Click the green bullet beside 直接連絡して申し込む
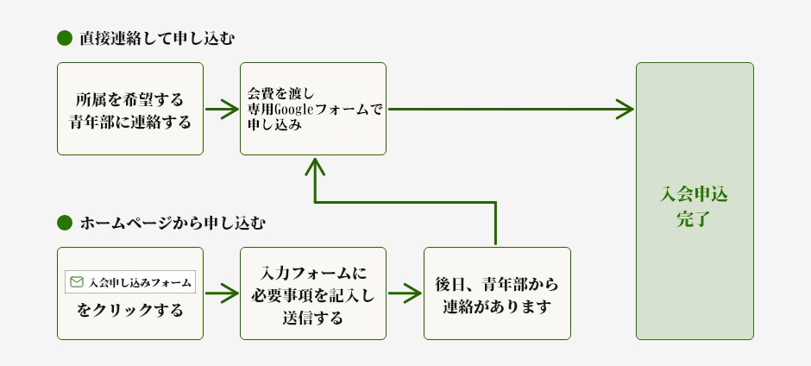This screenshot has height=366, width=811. click(x=63, y=38)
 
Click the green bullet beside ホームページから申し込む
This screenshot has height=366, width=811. click(x=63, y=223)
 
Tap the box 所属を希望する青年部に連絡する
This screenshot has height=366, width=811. click(x=130, y=109)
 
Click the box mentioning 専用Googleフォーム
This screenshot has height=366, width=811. click(x=312, y=109)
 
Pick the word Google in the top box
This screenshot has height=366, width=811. click(x=296, y=110)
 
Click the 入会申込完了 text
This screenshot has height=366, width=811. click(x=694, y=206)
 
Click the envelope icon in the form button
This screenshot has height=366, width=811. click(x=77, y=282)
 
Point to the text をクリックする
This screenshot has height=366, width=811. click(x=130, y=310)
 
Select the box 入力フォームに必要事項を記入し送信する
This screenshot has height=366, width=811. click(x=312, y=293)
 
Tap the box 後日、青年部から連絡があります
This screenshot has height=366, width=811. click(x=497, y=293)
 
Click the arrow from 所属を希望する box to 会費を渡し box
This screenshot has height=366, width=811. click(x=222, y=110)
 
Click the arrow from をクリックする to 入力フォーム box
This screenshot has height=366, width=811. click(x=222, y=293)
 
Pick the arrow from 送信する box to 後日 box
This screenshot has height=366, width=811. click(x=405, y=293)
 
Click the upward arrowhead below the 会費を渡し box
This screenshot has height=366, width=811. click(x=314, y=165)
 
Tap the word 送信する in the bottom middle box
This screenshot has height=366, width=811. click(x=312, y=317)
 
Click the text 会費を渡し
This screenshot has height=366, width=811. click(x=273, y=93)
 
